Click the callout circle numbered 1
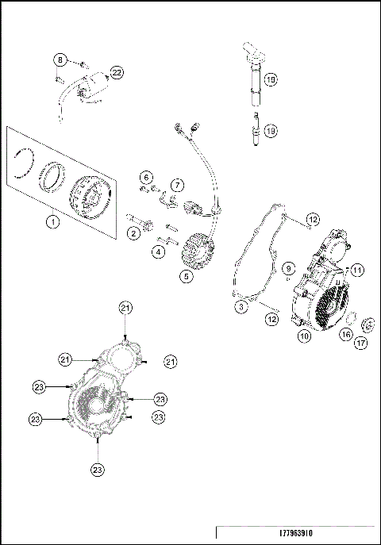pos(53,222)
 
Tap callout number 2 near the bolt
pos(133,232)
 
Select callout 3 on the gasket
pos(241,305)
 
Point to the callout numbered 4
pos(159,251)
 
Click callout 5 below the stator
pos(186,277)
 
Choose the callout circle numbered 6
pos(147,176)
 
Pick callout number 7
pos(177,185)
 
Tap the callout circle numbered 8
pos(60,60)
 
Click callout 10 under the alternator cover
pos(303,336)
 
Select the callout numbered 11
pos(357,270)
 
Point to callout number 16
pos(346,335)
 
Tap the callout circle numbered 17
pos(361,344)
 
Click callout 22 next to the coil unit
pos(117,73)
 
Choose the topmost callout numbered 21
pos(125,307)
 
